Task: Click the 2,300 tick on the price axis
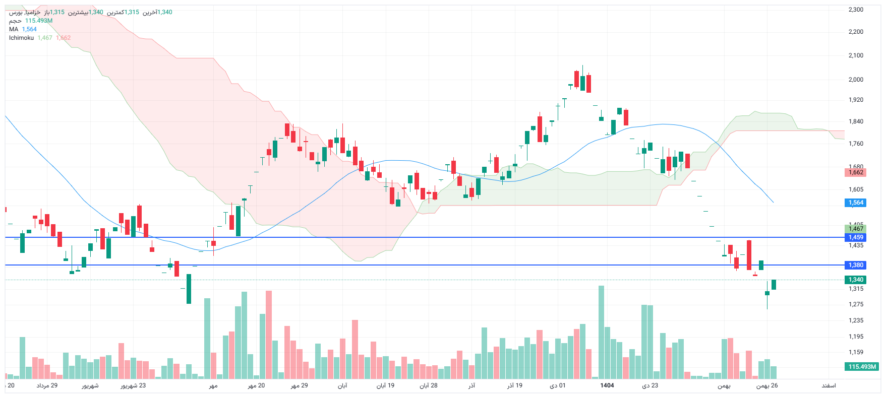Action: [856, 10]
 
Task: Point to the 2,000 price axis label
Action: [856, 80]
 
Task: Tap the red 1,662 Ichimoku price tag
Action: [856, 172]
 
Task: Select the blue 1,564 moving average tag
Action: [856, 203]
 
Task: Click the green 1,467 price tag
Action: [856, 229]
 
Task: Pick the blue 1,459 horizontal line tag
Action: [856, 237]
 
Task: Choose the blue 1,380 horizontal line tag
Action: [856, 265]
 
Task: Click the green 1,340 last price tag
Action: [856, 280]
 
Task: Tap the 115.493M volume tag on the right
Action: [862, 367]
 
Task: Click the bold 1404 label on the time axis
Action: [607, 385]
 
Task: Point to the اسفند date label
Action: [829, 385]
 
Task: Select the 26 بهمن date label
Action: [767, 385]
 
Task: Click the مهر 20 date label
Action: [256, 385]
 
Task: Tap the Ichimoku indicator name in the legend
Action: [21, 38]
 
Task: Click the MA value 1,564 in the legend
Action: [29, 29]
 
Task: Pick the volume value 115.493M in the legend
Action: [39, 21]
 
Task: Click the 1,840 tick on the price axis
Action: [856, 121]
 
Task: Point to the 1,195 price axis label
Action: [856, 337]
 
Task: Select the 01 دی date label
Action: [558, 385]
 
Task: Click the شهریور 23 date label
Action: [133, 385]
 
